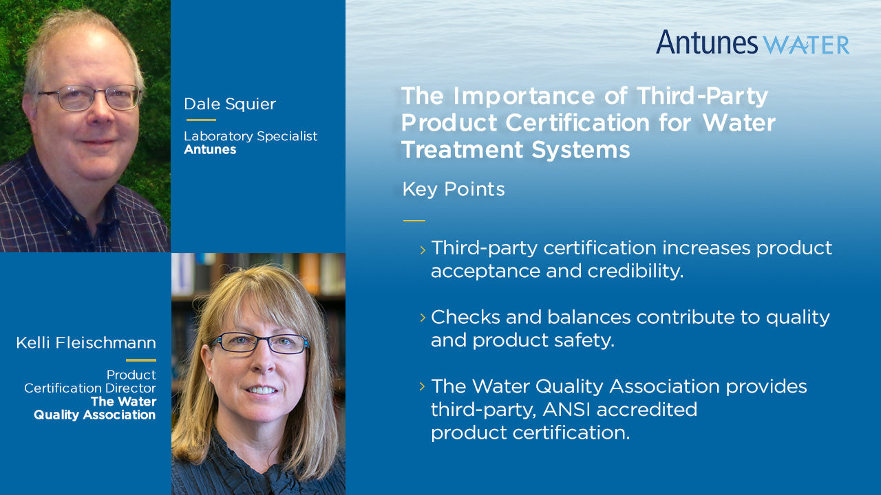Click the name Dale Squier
[x=230, y=104]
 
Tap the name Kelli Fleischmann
[x=86, y=342]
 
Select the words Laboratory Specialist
[x=251, y=136]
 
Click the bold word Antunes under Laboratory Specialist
[x=210, y=149]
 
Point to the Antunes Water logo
[x=752, y=43]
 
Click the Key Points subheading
[x=454, y=189]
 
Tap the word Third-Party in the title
[x=703, y=96]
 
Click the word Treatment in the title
[x=462, y=150]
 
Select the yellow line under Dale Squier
[x=201, y=120]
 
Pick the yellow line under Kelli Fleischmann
[x=141, y=360]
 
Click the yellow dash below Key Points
[x=414, y=221]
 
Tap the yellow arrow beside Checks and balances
[x=423, y=318]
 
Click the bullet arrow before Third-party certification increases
[x=423, y=250]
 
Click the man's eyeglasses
[x=89, y=98]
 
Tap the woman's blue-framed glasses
[x=260, y=343]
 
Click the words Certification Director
[x=90, y=388]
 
